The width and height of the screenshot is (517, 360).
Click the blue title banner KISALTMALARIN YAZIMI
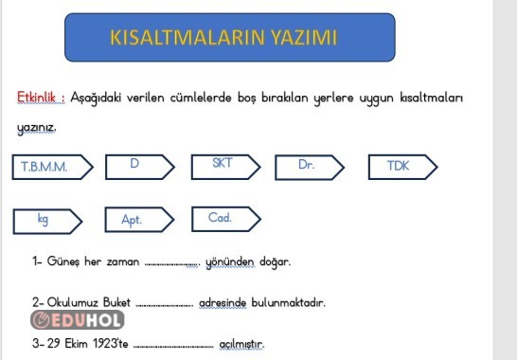(x=223, y=39)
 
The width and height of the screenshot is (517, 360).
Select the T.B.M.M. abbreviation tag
(x=50, y=167)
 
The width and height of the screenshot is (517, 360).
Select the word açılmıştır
(x=240, y=343)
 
